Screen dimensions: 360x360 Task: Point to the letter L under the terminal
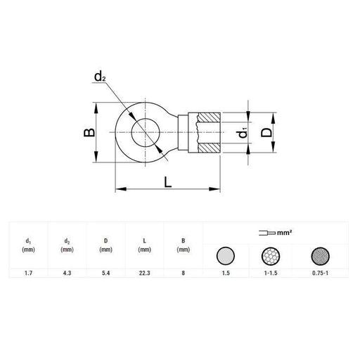coord(168,181)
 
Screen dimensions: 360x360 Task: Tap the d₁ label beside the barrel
coord(241,132)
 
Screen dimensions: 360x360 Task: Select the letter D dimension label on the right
coord(266,132)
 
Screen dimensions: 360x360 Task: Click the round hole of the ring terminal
coord(147,132)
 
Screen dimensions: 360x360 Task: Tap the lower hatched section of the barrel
coord(210,147)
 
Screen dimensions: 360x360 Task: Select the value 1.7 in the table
coord(28,272)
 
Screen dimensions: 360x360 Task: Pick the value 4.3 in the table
coord(67,272)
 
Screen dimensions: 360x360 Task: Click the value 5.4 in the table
coord(105,272)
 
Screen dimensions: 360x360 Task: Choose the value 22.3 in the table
coord(144,272)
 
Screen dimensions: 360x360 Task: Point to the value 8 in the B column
coord(183,272)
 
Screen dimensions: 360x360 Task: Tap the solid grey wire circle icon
coord(226,254)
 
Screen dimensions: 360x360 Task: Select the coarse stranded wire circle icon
coord(270,254)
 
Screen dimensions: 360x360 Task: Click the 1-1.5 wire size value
coord(270,272)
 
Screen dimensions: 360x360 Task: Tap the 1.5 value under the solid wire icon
coord(226,272)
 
